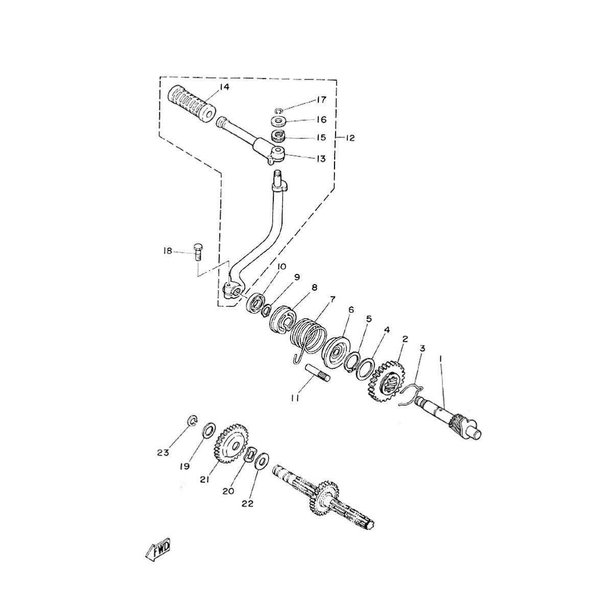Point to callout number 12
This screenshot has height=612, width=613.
349,138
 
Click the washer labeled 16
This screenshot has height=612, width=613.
278,122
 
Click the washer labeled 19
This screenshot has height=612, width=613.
209,430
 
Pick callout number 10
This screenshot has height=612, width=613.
281,266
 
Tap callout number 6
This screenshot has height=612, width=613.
351,310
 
